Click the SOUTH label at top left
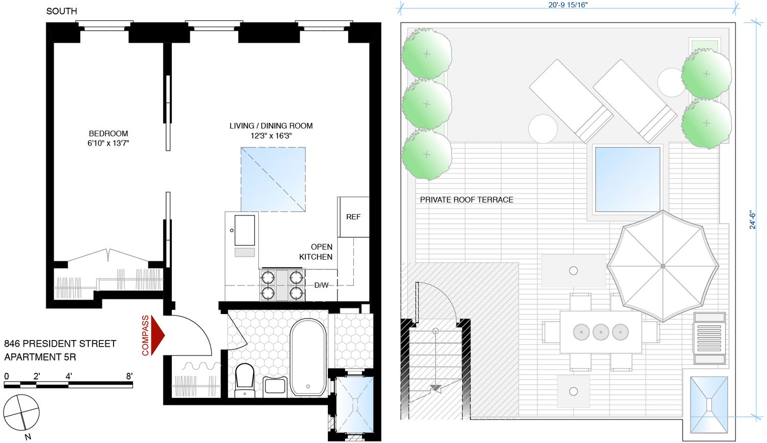click(61, 11)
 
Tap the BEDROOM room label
click(108, 134)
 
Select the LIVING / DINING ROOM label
click(270, 126)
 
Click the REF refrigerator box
click(353, 217)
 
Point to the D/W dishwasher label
click(321, 285)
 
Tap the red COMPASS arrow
click(157, 335)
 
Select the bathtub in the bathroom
click(308, 357)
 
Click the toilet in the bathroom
click(245, 379)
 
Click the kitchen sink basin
click(244, 230)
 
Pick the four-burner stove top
click(282, 285)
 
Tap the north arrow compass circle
click(21, 413)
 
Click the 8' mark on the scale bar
click(129, 376)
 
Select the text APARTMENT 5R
click(40, 357)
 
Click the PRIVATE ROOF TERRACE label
click(466, 200)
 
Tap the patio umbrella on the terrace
click(663, 266)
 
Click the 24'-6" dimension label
click(752, 219)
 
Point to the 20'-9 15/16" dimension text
click(568, 5)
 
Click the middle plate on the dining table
click(601, 332)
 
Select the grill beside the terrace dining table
click(710, 339)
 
